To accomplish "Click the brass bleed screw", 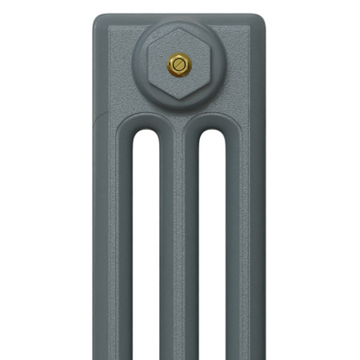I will tap(178, 63).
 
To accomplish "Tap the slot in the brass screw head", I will tap(178, 63).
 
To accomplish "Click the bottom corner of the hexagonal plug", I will tap(178, 102).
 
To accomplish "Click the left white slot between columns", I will tap(145, 240).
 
